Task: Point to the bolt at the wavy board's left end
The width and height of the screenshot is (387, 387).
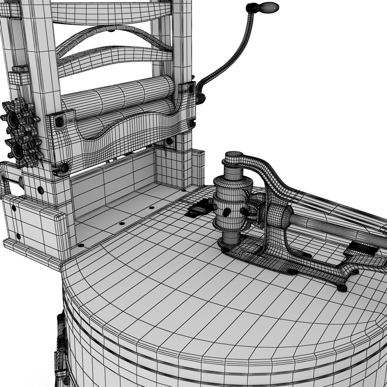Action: pyautogui.click(x=59, y=122)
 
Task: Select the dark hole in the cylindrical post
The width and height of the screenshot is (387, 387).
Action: pyautogui.click(x=226, y=212)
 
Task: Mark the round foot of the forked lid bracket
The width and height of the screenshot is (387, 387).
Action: pyautogui.click(x=342, y=287)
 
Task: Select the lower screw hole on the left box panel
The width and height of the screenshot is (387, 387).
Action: pyautogui.click(x=18, y=236)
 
